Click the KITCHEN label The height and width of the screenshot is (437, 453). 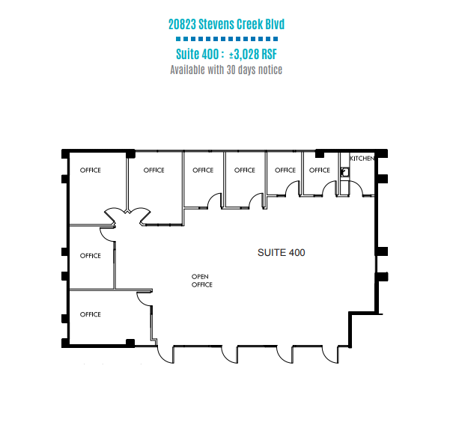(x=362, y=159)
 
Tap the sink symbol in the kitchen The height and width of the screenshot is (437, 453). (x=344, y=172)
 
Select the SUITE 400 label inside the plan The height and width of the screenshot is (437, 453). (x=281, y=253)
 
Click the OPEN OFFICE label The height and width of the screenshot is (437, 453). (x=202, y=281)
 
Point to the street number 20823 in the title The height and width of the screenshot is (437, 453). (x=182, y=24)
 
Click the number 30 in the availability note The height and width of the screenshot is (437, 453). (x=231, y=70)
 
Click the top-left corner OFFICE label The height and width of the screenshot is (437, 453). (x=91, y=171)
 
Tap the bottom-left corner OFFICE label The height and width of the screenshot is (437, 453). (x=91, y=314)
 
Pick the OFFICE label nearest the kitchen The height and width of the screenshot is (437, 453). (x=320, y=171)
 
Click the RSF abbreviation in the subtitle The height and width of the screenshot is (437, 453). (x=270, y=54)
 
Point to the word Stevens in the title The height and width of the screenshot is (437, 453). (x=216, y=24)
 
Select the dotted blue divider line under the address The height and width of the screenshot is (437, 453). (x=227, y=39)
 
